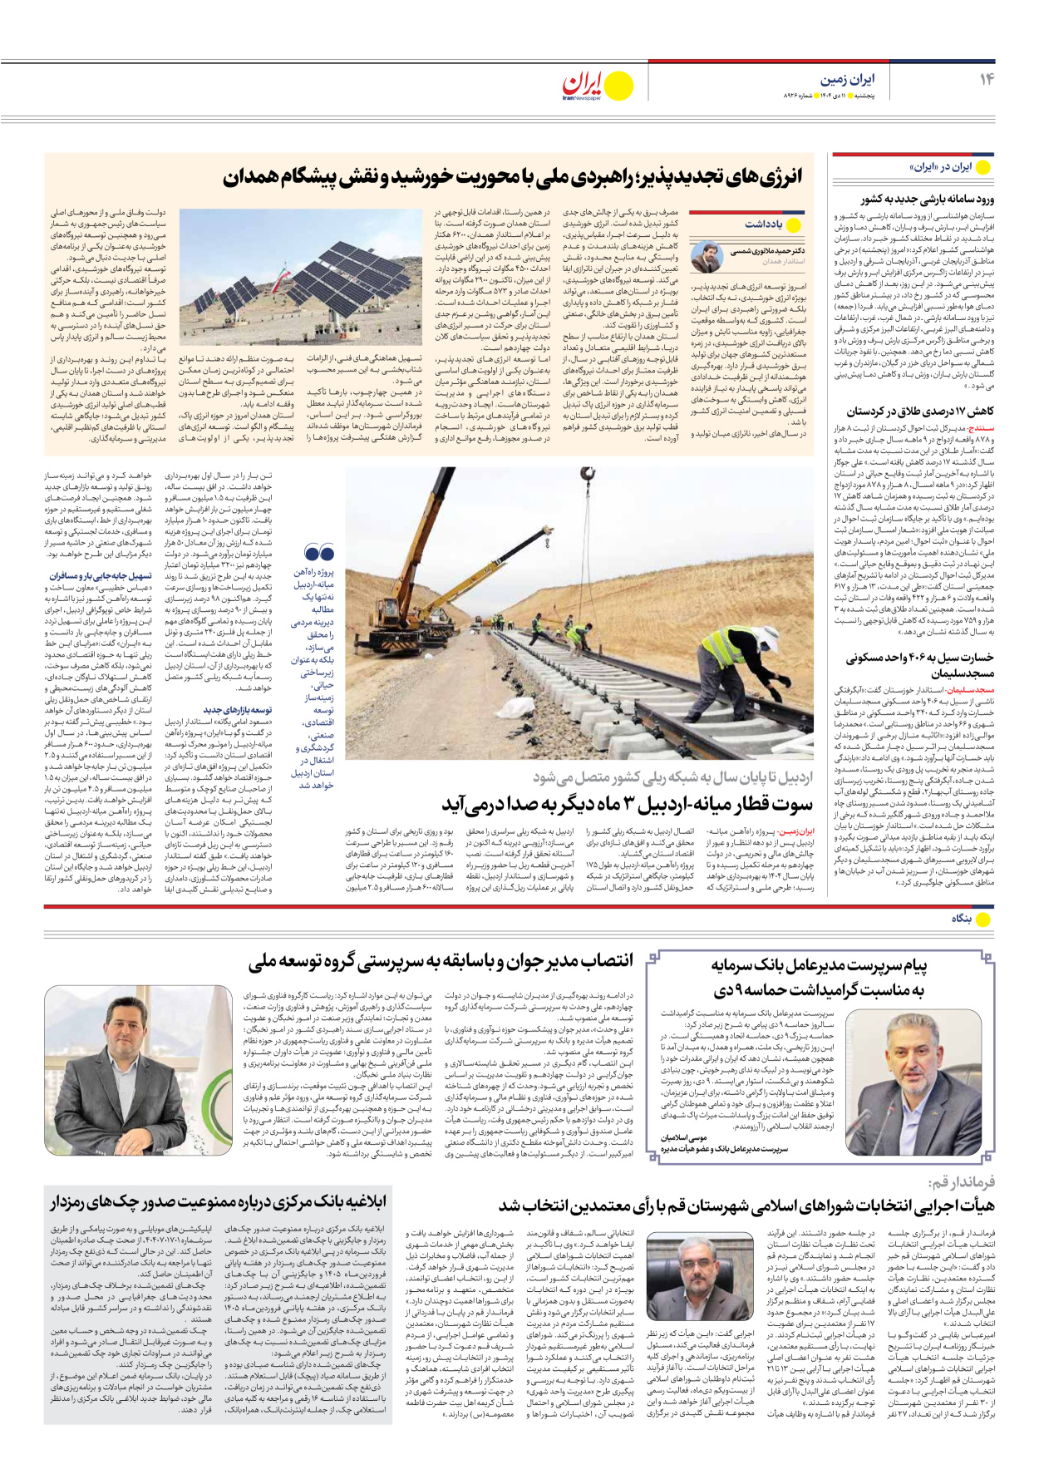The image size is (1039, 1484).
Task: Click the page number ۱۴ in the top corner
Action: tap(986, 79)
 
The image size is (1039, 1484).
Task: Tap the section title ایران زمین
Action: tap(847, 80)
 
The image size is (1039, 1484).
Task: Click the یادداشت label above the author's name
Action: tap(763, 224)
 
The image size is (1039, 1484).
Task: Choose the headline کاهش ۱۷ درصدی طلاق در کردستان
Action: tap(920, 412)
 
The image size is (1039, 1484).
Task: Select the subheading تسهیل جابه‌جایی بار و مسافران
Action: tap(101, 575)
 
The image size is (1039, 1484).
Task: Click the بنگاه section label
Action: tap(962, 919)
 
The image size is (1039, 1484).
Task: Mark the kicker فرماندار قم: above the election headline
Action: tap(961, 1182)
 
